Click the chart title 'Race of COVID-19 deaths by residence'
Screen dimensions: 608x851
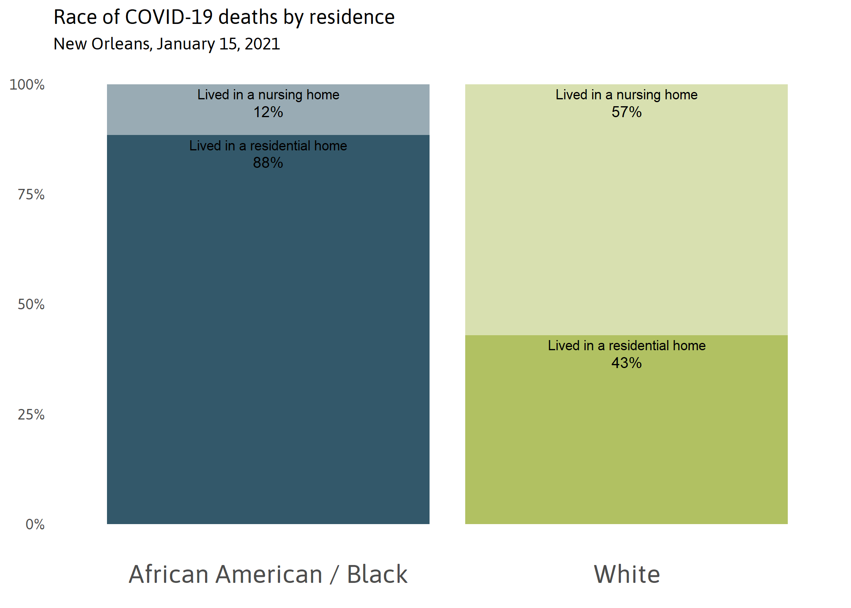(224, 17)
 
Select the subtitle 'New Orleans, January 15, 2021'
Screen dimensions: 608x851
(167, 44)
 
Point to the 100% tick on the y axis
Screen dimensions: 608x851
(27, 85)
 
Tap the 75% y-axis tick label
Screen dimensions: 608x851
(31, 195)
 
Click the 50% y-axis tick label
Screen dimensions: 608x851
(31, 304)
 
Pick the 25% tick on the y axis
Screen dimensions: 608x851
(31, 415)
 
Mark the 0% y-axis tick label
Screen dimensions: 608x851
(35, 525)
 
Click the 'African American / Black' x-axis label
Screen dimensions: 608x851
(268, 574)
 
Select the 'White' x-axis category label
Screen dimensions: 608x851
(626, 574)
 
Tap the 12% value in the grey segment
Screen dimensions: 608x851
(268, 112)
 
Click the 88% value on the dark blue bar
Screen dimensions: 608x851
(268, 163)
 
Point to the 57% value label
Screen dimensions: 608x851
(626, 112)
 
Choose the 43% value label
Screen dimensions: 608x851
(626, 363)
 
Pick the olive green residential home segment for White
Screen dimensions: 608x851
(626, 446)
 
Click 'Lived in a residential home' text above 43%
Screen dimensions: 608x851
(626, 346)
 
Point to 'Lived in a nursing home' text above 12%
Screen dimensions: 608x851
(268, 95)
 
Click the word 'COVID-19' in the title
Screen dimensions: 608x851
(169, 17)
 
